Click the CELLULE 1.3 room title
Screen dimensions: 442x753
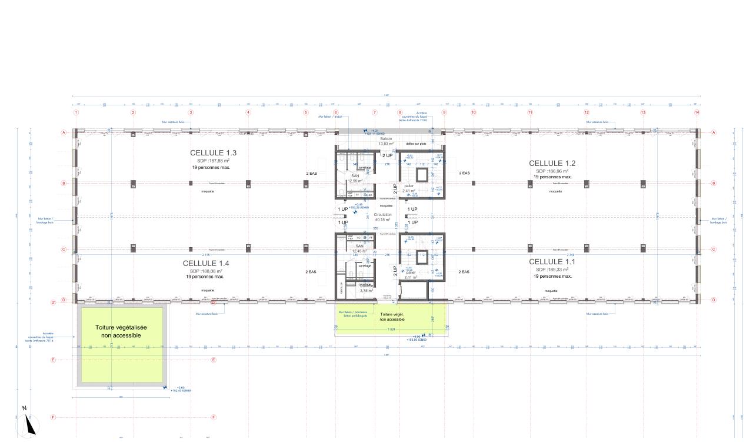pos(213,152)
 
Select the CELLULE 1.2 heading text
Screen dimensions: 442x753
pos(552,163)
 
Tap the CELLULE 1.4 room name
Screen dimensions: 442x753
pos(206,262)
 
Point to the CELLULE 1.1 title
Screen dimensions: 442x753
pos(552,261)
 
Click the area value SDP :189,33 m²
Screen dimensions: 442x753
pos(552,269)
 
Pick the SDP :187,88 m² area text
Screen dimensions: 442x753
pos(213,160)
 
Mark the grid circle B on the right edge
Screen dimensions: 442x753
pos(714,183)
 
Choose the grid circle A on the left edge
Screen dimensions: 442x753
pos(63,133)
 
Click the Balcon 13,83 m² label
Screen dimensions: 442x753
pos(386,141)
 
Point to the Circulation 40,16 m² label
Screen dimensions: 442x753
pos(383,218)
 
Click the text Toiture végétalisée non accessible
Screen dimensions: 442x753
pos(122,331)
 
